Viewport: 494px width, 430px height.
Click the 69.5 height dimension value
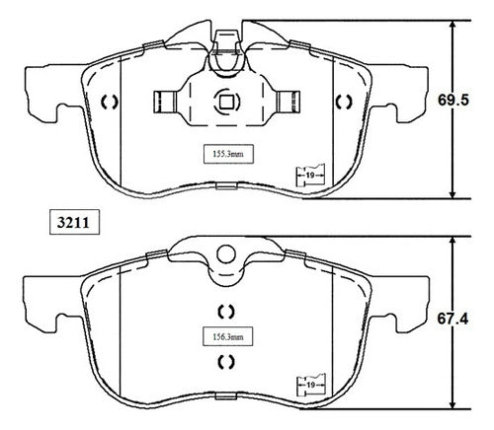[453, 101]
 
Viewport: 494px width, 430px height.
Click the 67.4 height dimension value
[453, 319]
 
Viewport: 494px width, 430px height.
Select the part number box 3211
[74, 222]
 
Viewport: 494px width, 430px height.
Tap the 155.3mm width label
[228, 154]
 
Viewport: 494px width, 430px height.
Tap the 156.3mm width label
[227, 336]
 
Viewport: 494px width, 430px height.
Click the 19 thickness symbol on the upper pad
[310, 175]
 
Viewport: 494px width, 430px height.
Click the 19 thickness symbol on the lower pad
[311, 385]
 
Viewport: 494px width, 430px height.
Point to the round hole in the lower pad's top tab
[226, 254]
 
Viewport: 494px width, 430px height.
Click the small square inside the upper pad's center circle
[226, 103]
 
